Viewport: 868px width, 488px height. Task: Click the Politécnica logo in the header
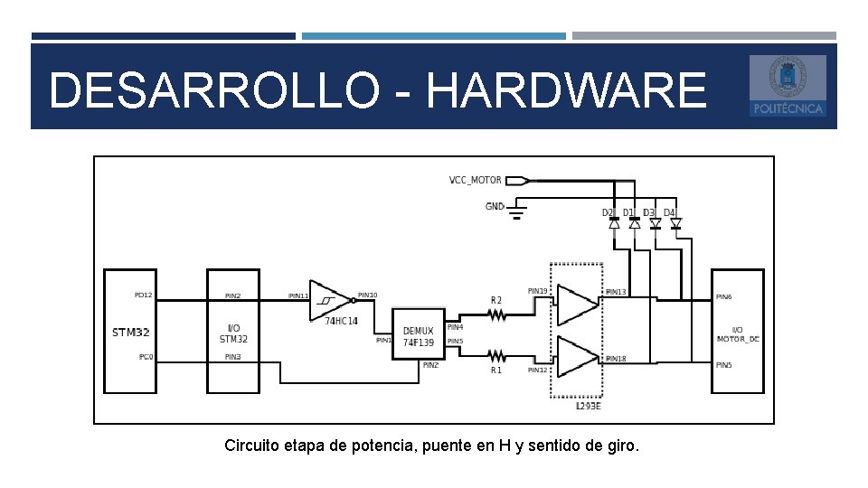point(788,86)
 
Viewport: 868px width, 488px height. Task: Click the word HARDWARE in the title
point(565,91)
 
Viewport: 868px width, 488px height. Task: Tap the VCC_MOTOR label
point(475,180)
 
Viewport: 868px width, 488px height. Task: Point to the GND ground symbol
point(516,212)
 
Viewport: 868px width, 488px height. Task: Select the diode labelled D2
point(614,222)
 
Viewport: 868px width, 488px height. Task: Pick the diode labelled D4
point(675,222)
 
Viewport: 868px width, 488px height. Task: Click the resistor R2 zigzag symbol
point(496,314)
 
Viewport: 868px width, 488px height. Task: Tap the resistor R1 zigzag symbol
point(496,355)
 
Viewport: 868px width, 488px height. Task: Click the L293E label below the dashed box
point(588,407)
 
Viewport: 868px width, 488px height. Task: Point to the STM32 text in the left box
point(130,333)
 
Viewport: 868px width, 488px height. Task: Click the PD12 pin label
point(143,296)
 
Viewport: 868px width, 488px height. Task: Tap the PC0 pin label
point(146,357)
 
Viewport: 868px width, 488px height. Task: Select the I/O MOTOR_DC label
point(737,334)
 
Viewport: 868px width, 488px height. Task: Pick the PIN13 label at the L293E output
point(615,292)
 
